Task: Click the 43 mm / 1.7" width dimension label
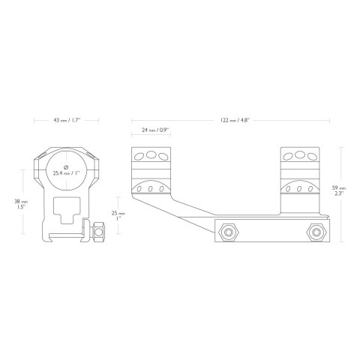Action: [x=66, y=120]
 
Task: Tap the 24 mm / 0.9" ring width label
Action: [x=155, y=130]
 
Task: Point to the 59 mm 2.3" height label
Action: [x=339, y=190]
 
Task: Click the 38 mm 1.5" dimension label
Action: [x=21, y=204]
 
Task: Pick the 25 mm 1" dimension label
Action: [x=118, y=216]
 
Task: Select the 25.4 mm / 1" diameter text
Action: [x=66, y=173]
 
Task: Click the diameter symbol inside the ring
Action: [x=66, y=167]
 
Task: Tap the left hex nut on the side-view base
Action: [x=229, y=232]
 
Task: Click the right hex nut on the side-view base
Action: [x=316, y=232]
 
